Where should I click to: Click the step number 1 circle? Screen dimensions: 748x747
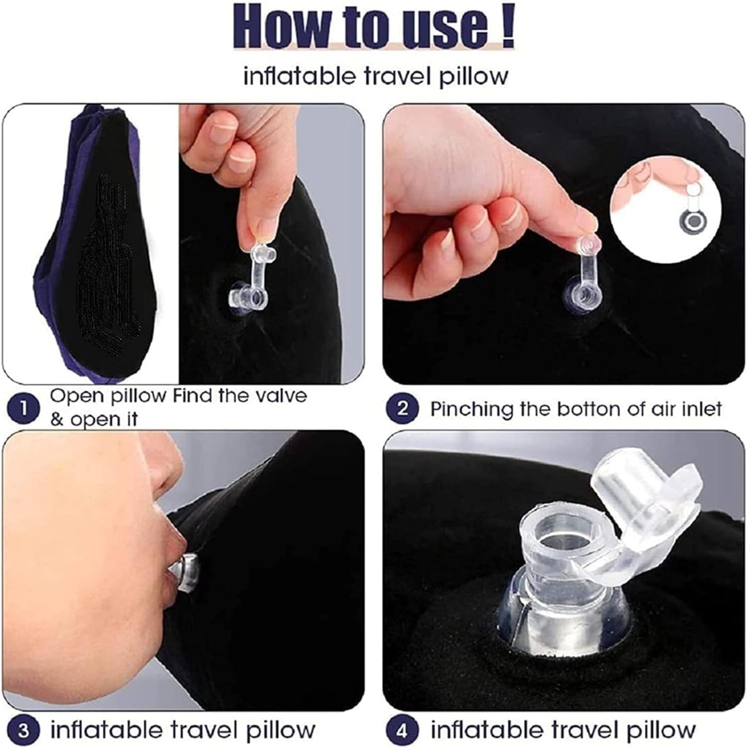click(23, 408)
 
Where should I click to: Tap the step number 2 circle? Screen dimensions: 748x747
click(403, 408)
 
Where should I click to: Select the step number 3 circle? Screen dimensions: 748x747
click(23, 730)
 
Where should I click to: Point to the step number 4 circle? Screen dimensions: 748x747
click(403, 730)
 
